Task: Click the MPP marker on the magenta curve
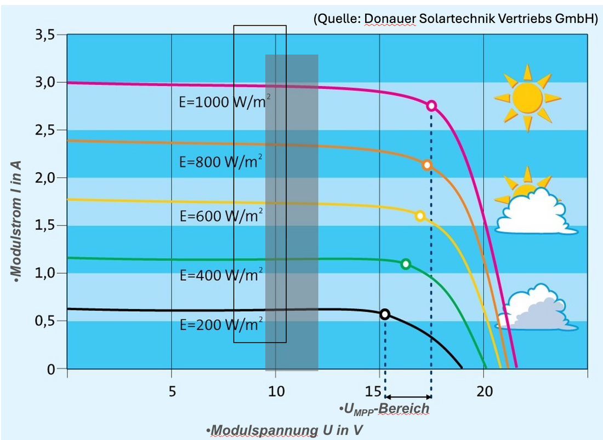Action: (431, 106)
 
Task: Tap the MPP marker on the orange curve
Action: (427, 165)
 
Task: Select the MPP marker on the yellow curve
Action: (420, 216)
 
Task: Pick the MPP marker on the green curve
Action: (406, 264)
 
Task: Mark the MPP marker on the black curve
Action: (385, 314)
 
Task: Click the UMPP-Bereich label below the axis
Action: (384, 409)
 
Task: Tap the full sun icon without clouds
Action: (527, 98)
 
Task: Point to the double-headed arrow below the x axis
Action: (408, 397)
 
